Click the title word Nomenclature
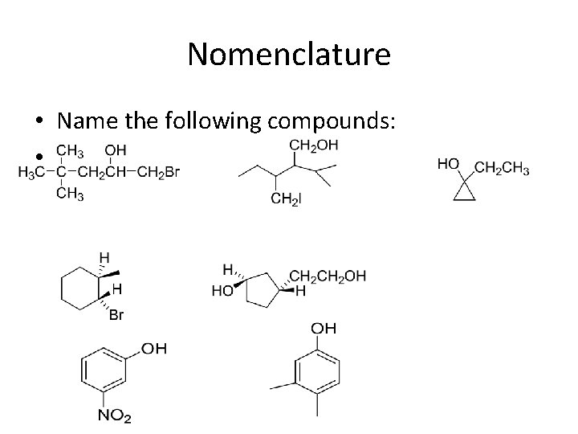(x=288, y=55)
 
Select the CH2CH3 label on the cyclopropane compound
(x=503, y=168)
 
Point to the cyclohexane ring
(x=79, y=287)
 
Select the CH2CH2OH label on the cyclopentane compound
(x=327, y=276)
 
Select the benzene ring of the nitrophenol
(x=102, y=373)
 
